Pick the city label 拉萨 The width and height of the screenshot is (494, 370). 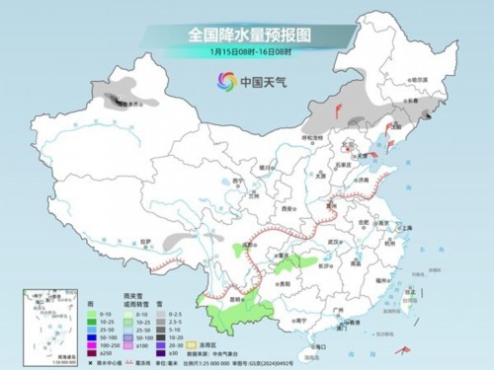pyautogui.click(x=146, y=242)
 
